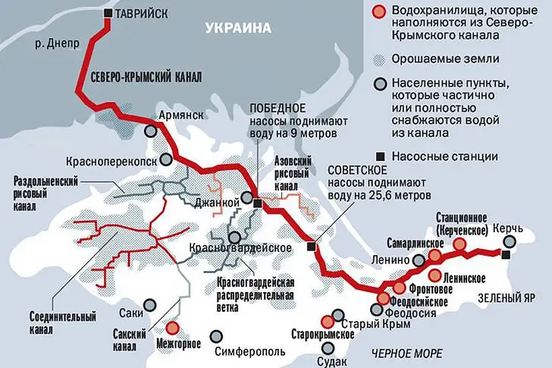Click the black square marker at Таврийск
point(111,14)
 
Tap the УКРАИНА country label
point(237,29)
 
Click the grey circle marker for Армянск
point(152,131)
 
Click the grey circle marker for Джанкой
point(246,199)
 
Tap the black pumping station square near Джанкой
point(259,203)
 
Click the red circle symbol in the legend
point(379,13)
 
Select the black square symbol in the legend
point(379,156)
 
